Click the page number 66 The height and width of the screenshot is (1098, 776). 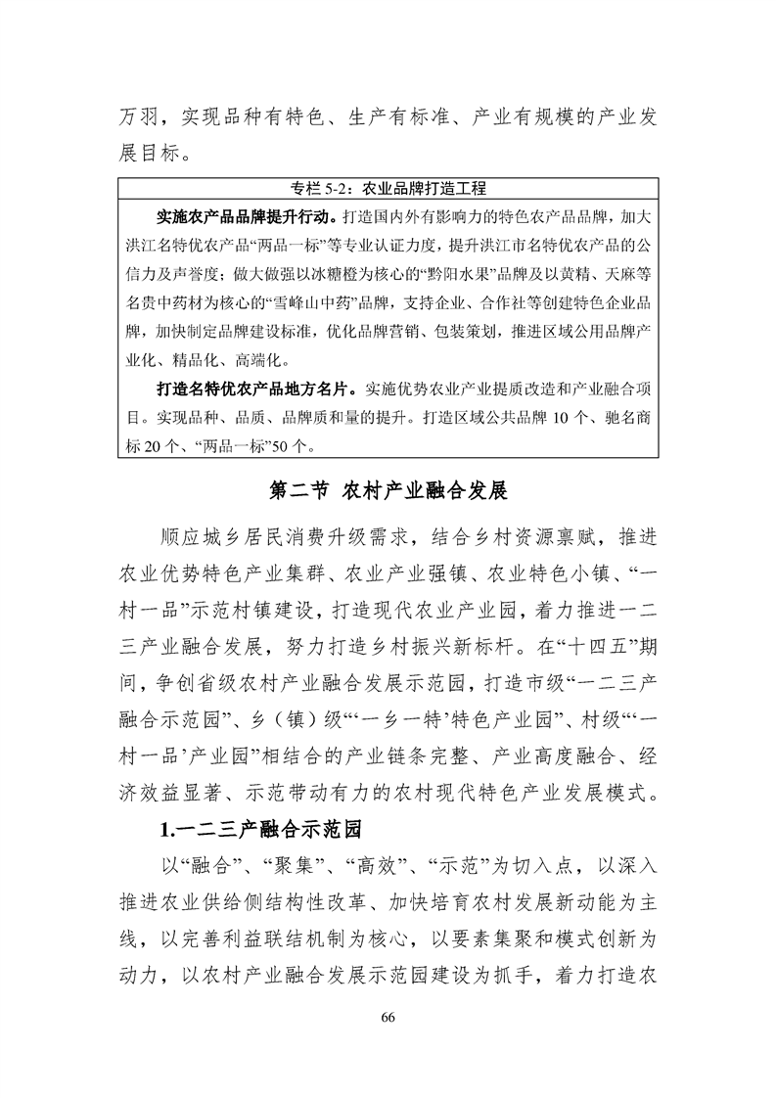click(x=388, y=1017)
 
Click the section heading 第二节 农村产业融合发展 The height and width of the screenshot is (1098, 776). click(x=388, y=489)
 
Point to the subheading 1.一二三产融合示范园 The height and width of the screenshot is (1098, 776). click(x=260, y=831)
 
